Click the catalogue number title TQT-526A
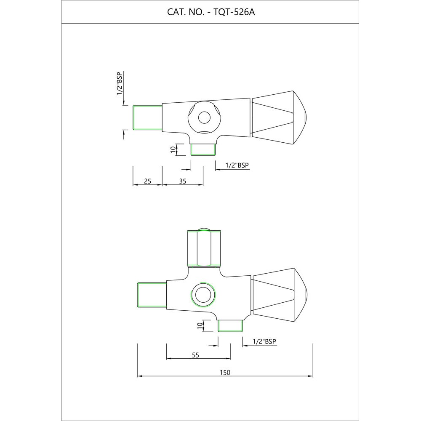tap(211, 12)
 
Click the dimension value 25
tap(147, 181)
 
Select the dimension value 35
tap(183, 181)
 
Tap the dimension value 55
tap(195, 355)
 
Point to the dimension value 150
tap(225, 372)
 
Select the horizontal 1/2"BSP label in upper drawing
tap(237, 165)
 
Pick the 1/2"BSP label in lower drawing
tap(264, 341)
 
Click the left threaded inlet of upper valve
tap(147, 117)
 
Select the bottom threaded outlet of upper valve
tap(203, 149)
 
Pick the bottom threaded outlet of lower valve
tap(230, 325)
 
